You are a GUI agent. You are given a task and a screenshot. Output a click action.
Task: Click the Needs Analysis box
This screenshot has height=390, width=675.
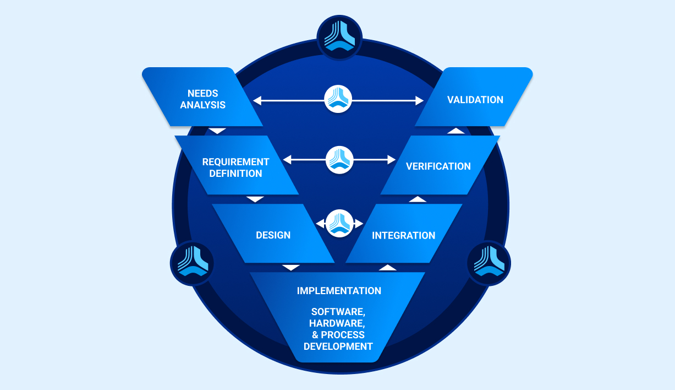[202, 99]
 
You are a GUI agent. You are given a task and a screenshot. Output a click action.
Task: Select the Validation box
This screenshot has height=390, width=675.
[474, 100]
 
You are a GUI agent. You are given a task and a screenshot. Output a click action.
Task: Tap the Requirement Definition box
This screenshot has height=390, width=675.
[235, 167]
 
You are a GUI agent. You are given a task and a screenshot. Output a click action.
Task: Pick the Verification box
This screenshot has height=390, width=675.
[438, 166]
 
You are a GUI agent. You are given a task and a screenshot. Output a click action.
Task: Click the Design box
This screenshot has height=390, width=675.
[273, 235]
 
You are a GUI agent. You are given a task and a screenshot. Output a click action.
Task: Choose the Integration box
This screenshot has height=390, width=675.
[403, 235]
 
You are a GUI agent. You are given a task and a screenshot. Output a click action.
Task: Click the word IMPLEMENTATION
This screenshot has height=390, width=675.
[339, 290]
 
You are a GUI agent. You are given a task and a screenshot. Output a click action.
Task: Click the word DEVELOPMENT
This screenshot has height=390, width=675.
[338, 346]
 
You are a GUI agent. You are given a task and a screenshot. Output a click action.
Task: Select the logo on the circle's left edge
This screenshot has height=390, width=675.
[192, 263]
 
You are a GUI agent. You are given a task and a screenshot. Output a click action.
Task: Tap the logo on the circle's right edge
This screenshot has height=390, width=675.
[489, 263]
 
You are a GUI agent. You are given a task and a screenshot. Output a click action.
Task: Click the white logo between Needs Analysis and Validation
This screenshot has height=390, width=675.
[338, 100]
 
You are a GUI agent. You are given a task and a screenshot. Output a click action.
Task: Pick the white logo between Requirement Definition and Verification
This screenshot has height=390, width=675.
[339, 160]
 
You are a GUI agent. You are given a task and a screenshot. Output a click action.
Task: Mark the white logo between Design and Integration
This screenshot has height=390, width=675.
[339, 224]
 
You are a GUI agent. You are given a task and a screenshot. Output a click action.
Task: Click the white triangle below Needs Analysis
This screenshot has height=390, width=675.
[218, 131]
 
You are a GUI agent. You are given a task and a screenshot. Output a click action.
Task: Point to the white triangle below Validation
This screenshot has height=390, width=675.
[456, 131]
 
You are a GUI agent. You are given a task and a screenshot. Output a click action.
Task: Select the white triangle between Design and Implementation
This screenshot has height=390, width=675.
[291, 268]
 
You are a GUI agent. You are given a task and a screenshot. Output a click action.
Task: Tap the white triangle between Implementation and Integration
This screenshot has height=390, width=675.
[388, 268]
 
